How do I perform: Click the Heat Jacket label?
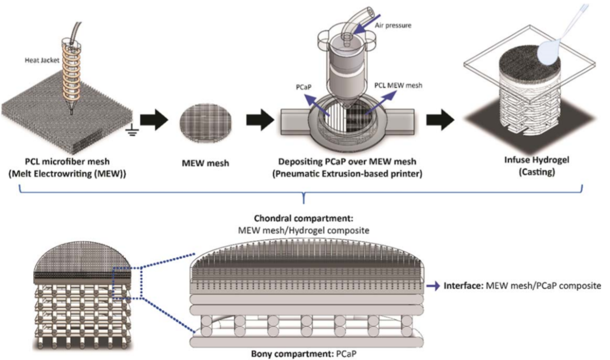click(42, 60)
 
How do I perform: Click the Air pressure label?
click(393, 25)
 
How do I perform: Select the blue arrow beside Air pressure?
click(367, 23)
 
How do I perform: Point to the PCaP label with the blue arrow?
click(304, 87)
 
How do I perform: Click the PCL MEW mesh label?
click(398, 85)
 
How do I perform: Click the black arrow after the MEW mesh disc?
click(260, 120)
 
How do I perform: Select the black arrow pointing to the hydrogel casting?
click(441, 120)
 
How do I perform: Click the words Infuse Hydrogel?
click(536, 160)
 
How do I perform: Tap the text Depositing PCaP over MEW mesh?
click(347, 161)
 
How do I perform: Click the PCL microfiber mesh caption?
click(67, 161)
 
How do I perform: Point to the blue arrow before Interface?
click(433, 286)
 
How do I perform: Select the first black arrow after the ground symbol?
click(154, 120)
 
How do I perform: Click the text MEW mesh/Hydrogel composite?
click(304, 231)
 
